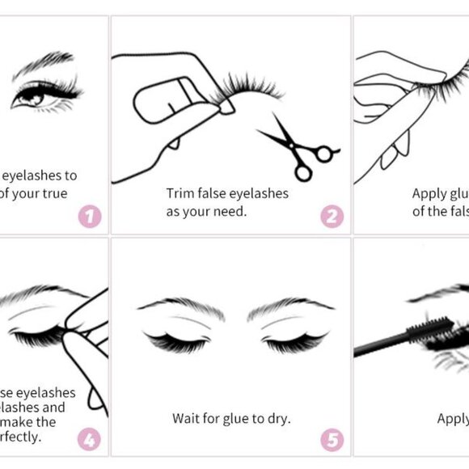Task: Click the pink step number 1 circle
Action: (x=90, y=217)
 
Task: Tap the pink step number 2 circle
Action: (x=332, y=217)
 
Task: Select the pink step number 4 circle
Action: (x=89, y=440)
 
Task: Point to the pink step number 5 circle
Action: (x=332, y=440)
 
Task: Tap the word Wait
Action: (x=188, y=418)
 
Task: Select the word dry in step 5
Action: (x=277, y=418)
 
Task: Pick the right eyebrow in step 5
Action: (x=291, y=305)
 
